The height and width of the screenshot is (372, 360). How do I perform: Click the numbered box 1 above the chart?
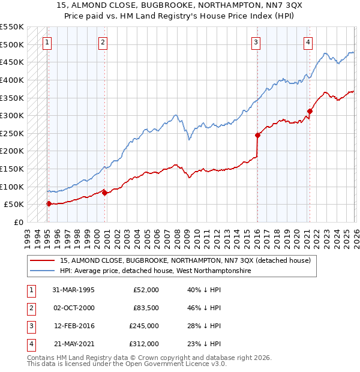click(47, 42)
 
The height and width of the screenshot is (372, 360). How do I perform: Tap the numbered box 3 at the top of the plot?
click(256, 42)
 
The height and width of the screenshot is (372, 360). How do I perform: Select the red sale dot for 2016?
click(257, 135)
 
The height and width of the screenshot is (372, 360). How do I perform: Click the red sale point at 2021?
click(310, 111)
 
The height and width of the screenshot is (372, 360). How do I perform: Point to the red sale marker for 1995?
click(49, 203)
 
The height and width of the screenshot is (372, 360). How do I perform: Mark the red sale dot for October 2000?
click(104, 193)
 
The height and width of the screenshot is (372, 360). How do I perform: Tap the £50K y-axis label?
click(14, 205)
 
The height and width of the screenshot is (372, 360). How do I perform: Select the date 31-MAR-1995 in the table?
click(74, 290)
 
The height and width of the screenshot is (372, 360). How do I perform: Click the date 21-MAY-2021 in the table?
click(74, 344)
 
